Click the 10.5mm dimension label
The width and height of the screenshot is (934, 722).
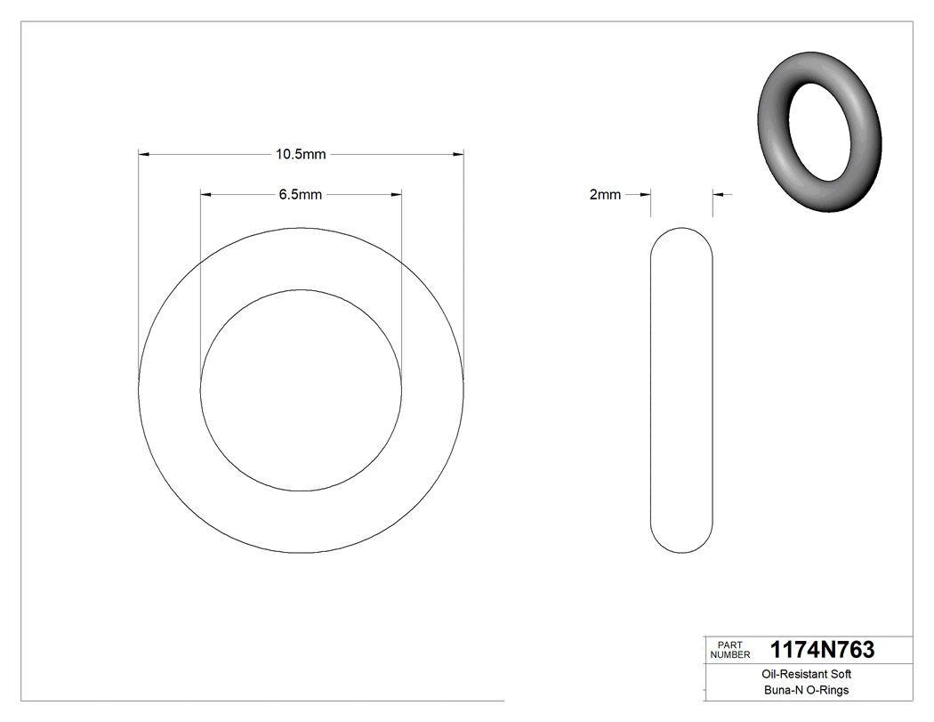[x=301, y=155]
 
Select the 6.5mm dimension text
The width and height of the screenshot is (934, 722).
[x=301, y=194]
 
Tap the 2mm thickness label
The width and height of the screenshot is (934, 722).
[x=605, y=194]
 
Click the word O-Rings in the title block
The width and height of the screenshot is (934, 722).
[x=827, y=690]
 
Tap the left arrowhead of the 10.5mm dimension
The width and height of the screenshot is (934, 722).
[x=144, y=155]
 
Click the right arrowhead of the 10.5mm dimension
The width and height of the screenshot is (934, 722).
[x=459, y=155]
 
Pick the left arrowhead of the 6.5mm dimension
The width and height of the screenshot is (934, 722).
[x=205, y=194]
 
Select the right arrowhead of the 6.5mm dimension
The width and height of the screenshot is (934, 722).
[x=397, y=194]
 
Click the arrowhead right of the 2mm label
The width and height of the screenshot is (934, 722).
[x=647, y=194]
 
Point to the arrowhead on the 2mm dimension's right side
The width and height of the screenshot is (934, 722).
[x=718, y=194]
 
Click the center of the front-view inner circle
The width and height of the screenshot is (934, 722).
[x=302, y=390]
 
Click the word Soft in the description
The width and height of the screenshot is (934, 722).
[x=841, y=675]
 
